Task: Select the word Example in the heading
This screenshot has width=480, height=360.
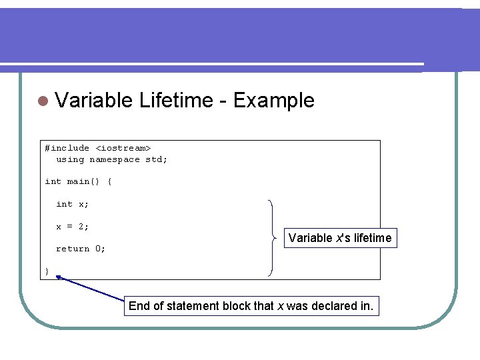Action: pyautogui.click(x=273, y=101)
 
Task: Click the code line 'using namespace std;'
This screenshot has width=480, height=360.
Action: pyautogui.click(x=111, y=159)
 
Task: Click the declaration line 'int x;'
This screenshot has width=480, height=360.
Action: pyautogui.click(x=72, y=204)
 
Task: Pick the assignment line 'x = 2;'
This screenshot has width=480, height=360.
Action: pyautogui.click(x=72, y=227)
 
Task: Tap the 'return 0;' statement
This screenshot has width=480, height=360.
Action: pyautogui.click(x=81, y=249)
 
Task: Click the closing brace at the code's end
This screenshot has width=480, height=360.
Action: pyautogui.click(x=47, y=271)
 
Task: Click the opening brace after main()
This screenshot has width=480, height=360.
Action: pyautogui.click(x=109, y=181)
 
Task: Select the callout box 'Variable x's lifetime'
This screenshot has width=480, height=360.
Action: pyautogui.click(x=340, y=238)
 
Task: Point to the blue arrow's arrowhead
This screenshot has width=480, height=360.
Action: pyautogui.click(x=59, y=278)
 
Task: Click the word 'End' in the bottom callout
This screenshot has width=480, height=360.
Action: pyautogui.click(x=139, y=306)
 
